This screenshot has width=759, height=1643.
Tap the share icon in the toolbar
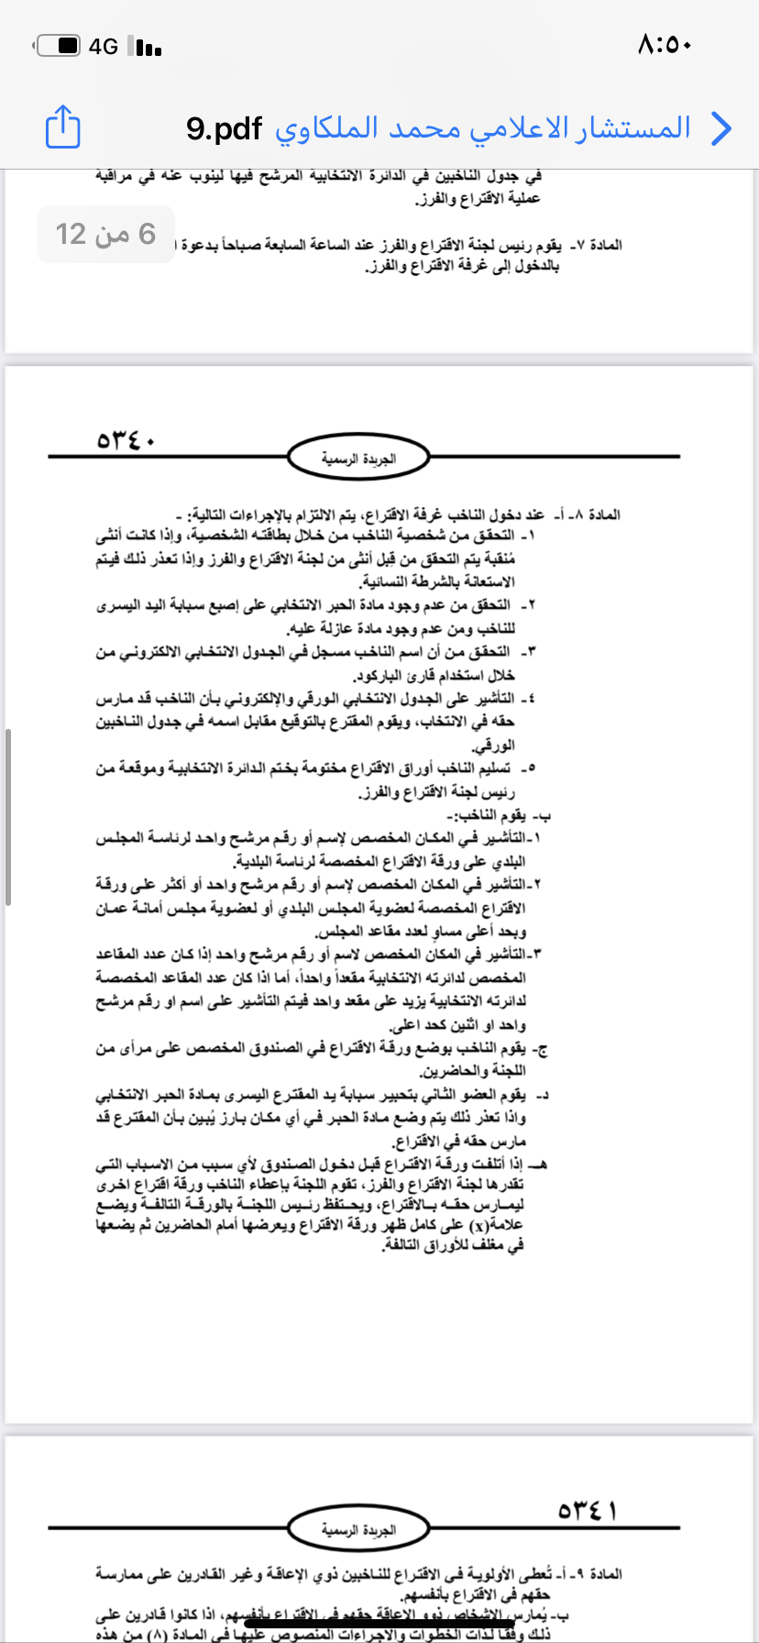(63, 127)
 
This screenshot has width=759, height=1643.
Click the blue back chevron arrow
(721, 128)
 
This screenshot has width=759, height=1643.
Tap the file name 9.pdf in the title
(224, 128)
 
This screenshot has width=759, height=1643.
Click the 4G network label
(104, 46)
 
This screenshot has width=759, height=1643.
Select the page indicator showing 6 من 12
(105, 234)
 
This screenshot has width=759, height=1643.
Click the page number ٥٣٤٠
(126, 441)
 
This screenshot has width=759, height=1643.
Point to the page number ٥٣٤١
(588, 1510)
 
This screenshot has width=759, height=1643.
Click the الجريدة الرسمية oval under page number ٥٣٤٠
(357, 458)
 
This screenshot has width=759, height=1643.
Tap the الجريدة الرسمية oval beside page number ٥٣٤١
(357, 1529)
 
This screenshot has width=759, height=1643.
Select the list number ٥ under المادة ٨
(532, 768)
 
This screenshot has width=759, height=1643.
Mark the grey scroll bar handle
(8, 816)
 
